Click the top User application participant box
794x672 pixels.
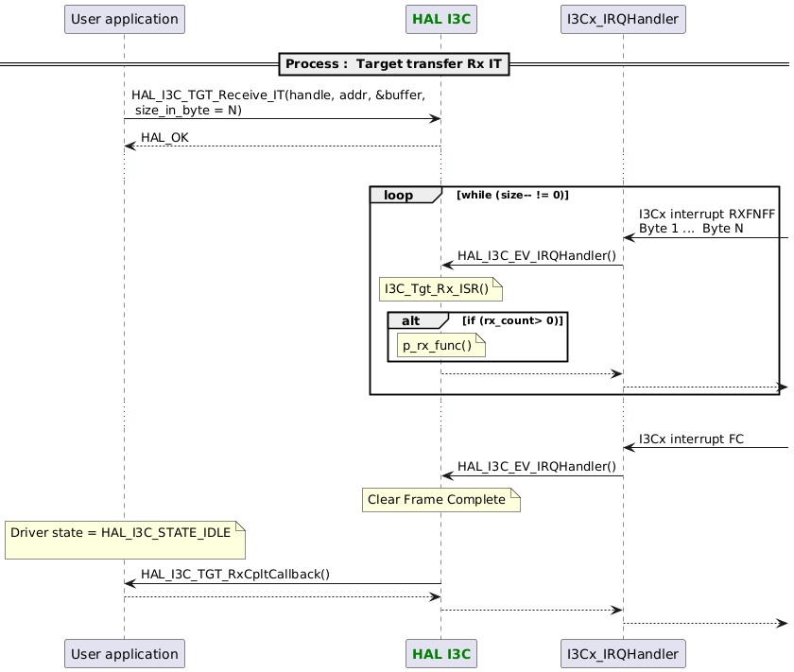(x=124, y=18)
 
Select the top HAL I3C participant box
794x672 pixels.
(x=441, y=18)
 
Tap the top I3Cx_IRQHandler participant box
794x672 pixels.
(x=622, y=18)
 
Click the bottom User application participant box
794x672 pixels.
(x=124, y=653)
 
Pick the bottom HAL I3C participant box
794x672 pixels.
(x=441, y=653)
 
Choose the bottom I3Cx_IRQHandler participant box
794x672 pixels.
(x=622, y=653)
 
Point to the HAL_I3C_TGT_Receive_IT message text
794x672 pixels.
(x=278, y=102)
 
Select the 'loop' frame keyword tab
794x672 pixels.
(x=402, y=195)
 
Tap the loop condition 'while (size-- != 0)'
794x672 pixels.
(x=512, y=195)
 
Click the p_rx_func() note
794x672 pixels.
(x=440, y=345)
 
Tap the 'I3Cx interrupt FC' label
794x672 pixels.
(x=691, y=439)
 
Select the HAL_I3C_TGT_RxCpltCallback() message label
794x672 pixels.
(x=235, y=575)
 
